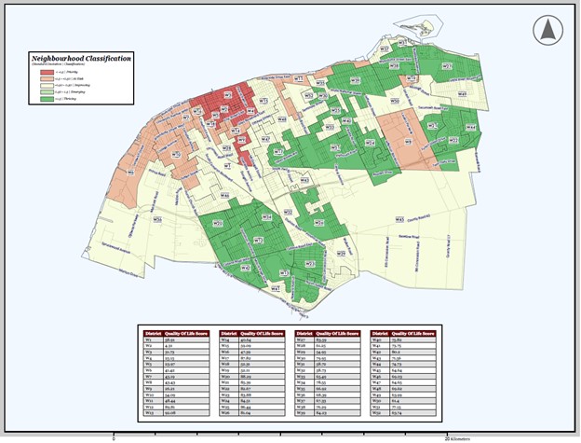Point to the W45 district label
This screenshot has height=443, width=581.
tap(399, 220)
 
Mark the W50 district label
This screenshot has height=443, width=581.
tap(395, 101)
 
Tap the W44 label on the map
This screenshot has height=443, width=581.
tap(470, 126)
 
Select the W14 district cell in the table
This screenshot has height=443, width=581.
tap(224, 339)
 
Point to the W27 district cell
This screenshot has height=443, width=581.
tap(300, 339)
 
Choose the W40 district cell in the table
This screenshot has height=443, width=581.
tap(376, 339)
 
